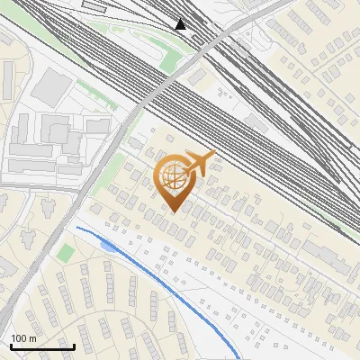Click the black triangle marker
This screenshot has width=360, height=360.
coord(181,24)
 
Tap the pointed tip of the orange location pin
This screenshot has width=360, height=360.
coord(175,211)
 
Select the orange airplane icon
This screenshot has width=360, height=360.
coord(199,163)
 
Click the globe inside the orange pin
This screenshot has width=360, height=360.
coord(174,177)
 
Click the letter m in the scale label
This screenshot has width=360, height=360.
coord(33,338)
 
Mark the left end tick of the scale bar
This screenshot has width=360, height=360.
coord(11,346)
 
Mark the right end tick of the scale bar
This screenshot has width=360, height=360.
coord(73,346)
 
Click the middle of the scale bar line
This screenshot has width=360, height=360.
coord(42,347)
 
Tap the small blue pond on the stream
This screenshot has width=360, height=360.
coord(109,245)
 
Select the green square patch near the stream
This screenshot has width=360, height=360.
coord(65,253)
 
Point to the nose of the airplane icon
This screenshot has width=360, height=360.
coord(213,157)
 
